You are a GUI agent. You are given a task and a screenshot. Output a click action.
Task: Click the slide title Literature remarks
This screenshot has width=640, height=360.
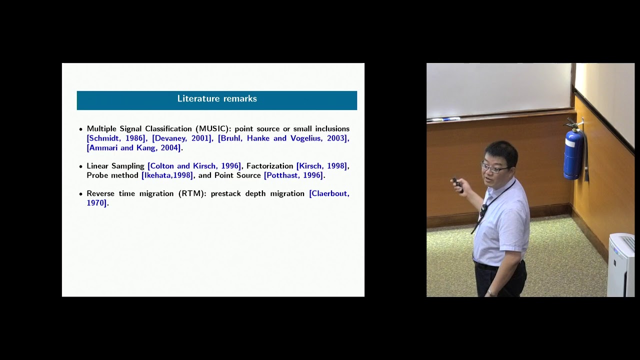[x=217, y=99]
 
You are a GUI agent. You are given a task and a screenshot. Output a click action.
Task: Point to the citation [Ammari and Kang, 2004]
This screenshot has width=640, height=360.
[x=133, y=148]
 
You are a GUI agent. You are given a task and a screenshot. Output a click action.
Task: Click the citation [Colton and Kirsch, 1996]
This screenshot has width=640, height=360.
[x=194, y=166]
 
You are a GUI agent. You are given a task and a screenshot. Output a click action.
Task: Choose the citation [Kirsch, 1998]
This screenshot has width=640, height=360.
[x=322, y=166]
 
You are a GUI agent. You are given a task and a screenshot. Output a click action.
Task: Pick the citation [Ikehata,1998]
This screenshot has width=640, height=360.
[x=167, y=175]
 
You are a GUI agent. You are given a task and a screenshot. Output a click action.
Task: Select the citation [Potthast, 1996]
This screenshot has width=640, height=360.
[x=293, y=175]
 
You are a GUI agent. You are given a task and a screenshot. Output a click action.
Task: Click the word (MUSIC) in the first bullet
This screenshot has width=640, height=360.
[x=213, y=129]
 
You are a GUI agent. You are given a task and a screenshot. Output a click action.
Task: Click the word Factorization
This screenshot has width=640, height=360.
[x=269, y=166]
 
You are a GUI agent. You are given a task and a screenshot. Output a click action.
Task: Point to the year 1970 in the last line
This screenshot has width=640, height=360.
[x=96, y=203]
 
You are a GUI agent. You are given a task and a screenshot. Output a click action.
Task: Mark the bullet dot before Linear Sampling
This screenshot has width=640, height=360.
[x=81, y=166]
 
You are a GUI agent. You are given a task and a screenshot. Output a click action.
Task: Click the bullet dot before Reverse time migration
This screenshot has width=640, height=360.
[x=81, y=193]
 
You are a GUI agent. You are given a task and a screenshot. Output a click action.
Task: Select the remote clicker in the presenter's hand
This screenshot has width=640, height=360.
[x=457, y=185]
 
